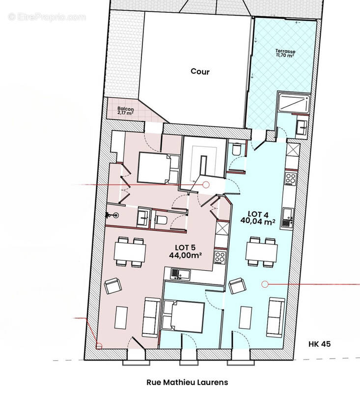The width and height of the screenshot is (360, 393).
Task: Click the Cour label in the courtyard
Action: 200,72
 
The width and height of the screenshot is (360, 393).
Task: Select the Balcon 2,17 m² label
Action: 126,111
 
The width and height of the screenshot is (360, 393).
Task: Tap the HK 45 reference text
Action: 320,344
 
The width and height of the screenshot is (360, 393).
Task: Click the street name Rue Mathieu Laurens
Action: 188,381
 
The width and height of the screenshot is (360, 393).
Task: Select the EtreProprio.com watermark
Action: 47,17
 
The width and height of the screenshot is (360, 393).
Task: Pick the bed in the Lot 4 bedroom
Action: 183,317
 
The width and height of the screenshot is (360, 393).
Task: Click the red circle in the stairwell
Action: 206,185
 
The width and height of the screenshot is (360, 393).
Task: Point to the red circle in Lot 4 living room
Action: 265,283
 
